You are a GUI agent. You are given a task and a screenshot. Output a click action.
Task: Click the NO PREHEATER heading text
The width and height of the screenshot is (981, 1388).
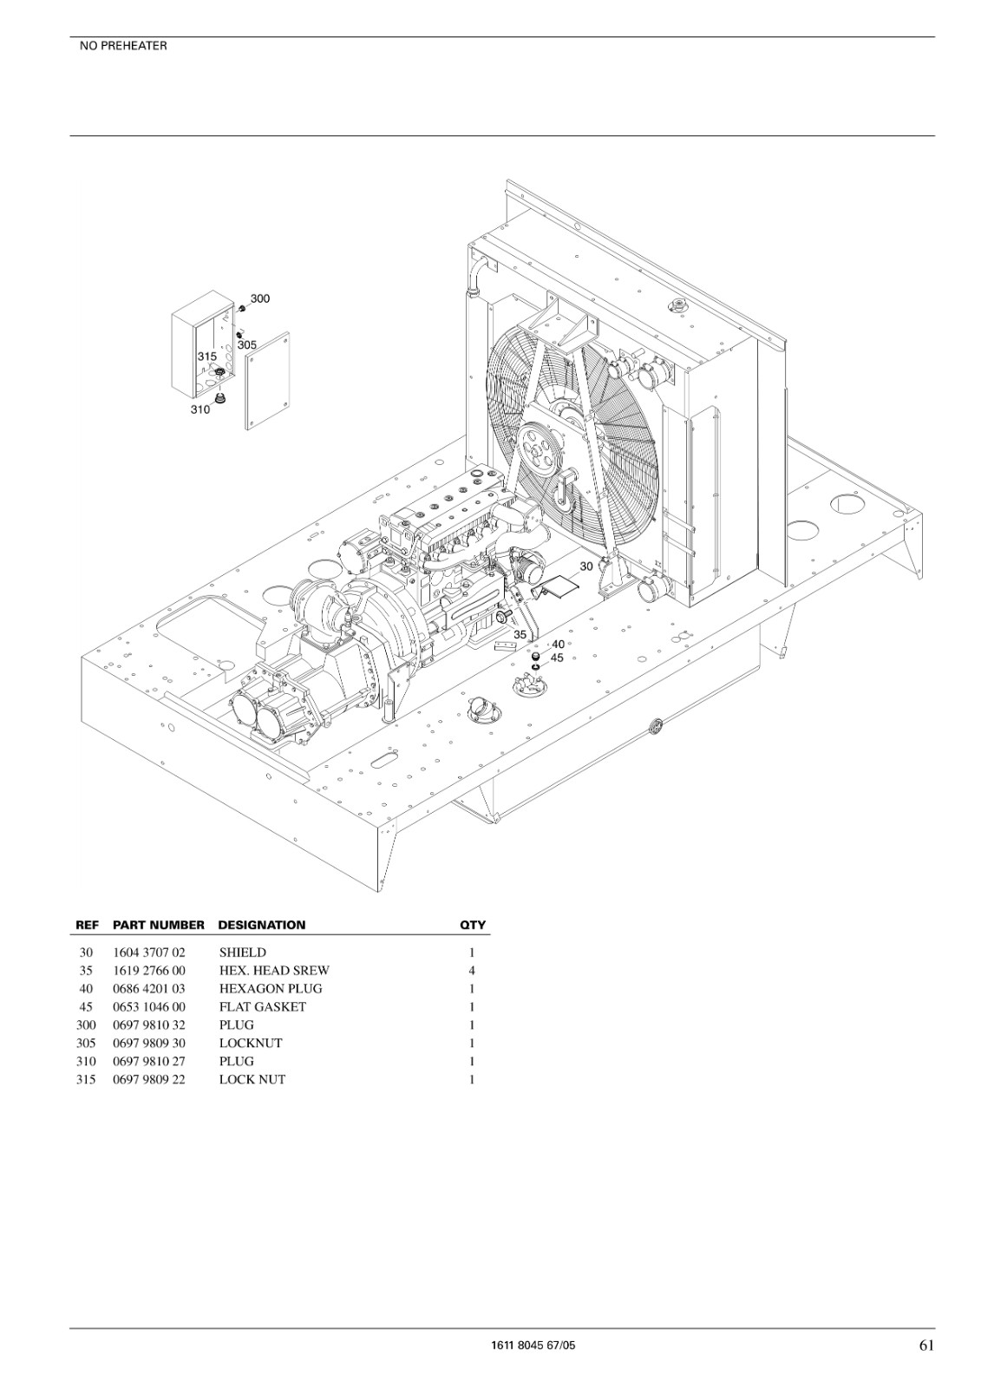pyautogui.click(x=123, y=46)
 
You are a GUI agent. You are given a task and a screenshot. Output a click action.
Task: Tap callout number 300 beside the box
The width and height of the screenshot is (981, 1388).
pyautogui.click(x=260, y=298)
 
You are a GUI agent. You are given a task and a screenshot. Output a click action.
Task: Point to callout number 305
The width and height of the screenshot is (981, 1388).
pyautogui.click(x=247, y=344)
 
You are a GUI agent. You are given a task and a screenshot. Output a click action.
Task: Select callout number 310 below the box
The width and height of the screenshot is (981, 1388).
pyautogui.click(x=200, y=409)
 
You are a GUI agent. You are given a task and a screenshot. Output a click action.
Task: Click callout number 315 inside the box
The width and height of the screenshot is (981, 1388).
pyautogui.click(x=207, y=357)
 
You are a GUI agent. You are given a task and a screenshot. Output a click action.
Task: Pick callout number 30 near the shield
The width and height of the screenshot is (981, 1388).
pyautogui.click(x=586, y=566)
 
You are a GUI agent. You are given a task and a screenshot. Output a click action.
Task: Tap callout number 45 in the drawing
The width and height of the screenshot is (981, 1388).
pyautogui.click(x=557, y=658)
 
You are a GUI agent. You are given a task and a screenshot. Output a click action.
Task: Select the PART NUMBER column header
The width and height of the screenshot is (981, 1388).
pyautogui.click(x=159, y=925)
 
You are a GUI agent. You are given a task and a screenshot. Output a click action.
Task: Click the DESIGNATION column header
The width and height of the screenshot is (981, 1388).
pyautogui.click(x=262, y=925)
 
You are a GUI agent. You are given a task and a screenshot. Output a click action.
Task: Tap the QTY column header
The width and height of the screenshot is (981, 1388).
pyautogui.click(x=472, y=925)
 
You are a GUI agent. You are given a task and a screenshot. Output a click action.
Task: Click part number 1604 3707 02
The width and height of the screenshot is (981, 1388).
pyautogui.click(x=149, y=953)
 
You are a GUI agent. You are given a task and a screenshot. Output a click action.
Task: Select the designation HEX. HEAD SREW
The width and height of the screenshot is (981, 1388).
pyautogui.click(x=275, y=971)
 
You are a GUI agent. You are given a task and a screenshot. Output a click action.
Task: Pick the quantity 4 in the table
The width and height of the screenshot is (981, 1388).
pyautogui.click(x=472, y=971)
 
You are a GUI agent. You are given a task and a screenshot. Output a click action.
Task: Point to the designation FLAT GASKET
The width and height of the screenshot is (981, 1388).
pyautogui.click(x=263, y=1007)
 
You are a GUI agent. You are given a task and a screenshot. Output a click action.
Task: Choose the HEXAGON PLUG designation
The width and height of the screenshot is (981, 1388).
pyautogui.click(x=271, y=988)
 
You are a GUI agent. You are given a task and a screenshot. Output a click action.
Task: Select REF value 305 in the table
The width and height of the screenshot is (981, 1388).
pyautogui.click(x=86, y=1043)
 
